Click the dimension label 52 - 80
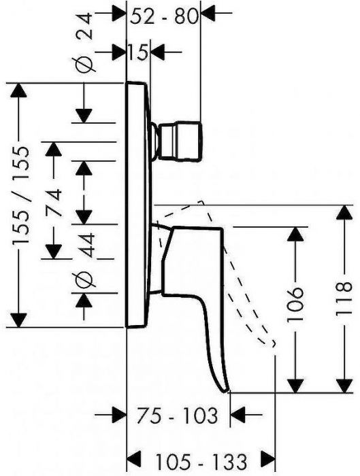tap(164, 17)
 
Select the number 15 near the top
tap(138, 52)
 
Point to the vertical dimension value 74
tap(54, 203)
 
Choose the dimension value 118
tap(344, 299)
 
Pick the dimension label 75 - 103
tap(177, 415)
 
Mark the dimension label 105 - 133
tap(201, 462)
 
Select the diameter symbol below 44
tap(83, 279)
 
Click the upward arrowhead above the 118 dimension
tap(344, 212)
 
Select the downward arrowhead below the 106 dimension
tap(295, 386)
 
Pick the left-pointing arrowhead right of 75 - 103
tap(238, 414)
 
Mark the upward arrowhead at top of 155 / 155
tap(18, 90)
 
